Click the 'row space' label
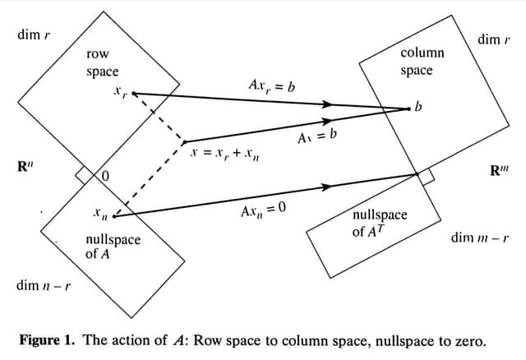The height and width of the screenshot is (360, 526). pyautogui.click(x=102, y=63)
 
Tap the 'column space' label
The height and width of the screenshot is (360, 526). pyautogui.click(x=422, y=62)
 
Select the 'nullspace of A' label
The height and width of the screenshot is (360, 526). pyautogui.click(x=113, y=247)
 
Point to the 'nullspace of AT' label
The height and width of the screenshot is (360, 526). pyautogui.click(x=379, y=223)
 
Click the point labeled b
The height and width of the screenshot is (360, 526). pyautogui.click(x=409, y=108)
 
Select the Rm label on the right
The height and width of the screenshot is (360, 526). pyautogui.click(x=500, y=172)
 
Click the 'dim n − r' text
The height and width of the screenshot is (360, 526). pyautogui.click(x=43, y=287)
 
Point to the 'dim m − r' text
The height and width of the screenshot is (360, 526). pyautogui.click(x=479, y=238)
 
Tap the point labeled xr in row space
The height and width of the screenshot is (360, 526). pyautogui.click(x=134, y=93)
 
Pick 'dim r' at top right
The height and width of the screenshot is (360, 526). pyautogui.click(x=494, y=39)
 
